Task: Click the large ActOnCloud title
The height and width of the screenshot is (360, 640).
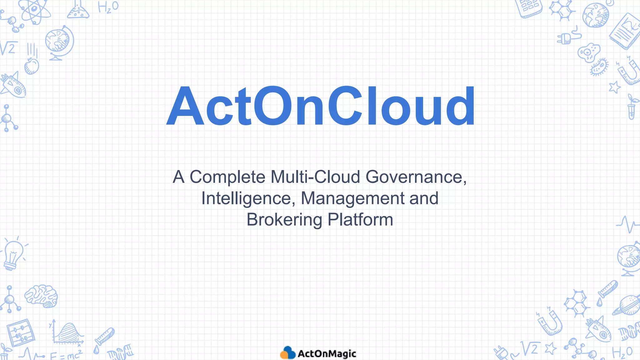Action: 321,106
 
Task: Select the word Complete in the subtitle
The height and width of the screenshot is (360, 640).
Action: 227,177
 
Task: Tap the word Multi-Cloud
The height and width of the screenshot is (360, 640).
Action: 316,177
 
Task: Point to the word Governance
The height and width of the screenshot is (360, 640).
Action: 416,177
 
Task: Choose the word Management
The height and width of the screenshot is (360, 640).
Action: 352,198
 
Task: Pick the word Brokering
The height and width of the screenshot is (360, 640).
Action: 284,220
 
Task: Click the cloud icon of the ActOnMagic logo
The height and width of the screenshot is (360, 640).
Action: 287,353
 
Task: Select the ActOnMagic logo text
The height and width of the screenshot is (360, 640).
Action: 327,354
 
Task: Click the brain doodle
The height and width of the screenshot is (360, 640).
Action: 41,296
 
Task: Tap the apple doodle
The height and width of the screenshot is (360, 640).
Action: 32,66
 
